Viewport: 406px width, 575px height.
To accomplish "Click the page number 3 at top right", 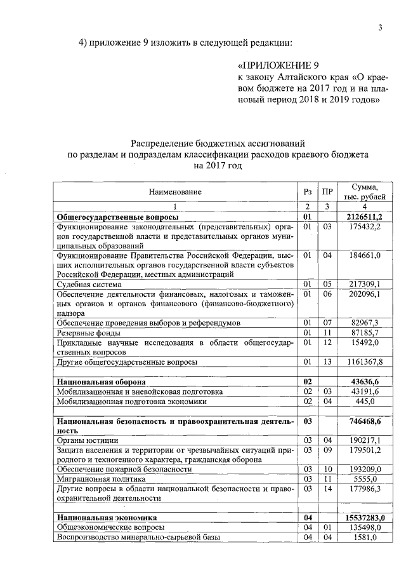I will pos(380,27).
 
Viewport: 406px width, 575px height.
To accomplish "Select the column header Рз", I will pos(308,191).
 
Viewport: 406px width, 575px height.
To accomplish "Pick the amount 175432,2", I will pos(365,226).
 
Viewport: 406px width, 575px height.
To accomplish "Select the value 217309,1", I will pos(365,285).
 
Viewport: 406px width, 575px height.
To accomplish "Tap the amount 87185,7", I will pos(365,333).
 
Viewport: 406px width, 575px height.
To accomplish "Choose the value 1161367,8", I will pos(362,362).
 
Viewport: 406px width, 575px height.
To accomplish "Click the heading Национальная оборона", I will pos(101,382).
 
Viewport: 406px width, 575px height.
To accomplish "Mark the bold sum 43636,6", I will pos(365,382).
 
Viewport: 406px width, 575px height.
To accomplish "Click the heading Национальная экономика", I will pos(105,518).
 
